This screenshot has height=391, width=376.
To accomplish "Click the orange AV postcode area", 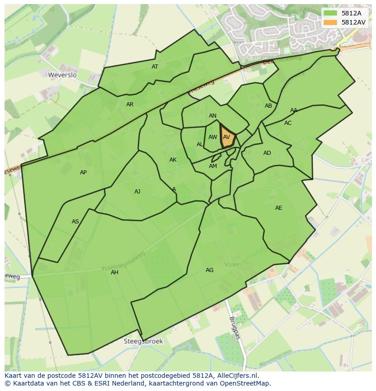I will (x=227, y=137).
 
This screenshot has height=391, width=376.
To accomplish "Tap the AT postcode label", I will (x=155, y=67).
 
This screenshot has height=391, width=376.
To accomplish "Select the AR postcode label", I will (x=130, y=104).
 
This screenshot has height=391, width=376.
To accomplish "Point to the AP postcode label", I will (x=83, y=173).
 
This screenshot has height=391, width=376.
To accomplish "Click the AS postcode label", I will (x=75, y=222).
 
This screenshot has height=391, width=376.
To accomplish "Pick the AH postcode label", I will (x=114, y=272).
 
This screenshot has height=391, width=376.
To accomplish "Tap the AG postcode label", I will (x=209, y=270).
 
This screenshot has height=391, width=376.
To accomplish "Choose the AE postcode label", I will (x=278, y=208).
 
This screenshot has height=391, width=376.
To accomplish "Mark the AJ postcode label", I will (x=137, y=192).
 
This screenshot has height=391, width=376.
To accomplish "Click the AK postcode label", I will (x=173, y=160).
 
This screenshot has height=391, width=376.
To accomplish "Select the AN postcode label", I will (x=213, y=116).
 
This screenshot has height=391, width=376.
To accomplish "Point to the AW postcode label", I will (x=213, y=137).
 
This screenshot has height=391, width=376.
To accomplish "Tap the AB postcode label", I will (x=268, y=106).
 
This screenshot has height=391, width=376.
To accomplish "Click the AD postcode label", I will (x=267, y=153).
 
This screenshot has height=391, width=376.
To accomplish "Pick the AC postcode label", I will (x=288, y=123).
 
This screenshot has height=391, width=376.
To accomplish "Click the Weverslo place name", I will (x=62, y=75).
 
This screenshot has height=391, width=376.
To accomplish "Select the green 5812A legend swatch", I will (x=330, y=14).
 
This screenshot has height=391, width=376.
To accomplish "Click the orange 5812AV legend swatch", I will (x=330, y=22).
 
